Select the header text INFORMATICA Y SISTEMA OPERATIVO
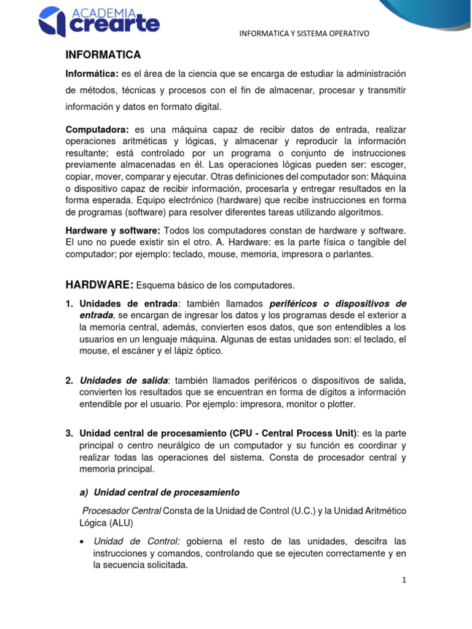pyautogui.click(x=304, y=33)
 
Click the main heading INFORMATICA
pyautogui.click(x=103, y=55)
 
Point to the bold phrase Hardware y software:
pyautogui.click(x=112, y=230)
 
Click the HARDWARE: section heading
pyautogui.click(x=99, y=284)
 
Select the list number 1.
pyautogui.click(x=69, y=303)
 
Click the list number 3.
pyautogui.click(x=69, y=433)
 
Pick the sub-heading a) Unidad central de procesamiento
pyautogui.click(x=159, y=492)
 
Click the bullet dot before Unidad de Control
pyautogui.click(x=82, y=541)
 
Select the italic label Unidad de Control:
pyautogui.click(x=136, y=541)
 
